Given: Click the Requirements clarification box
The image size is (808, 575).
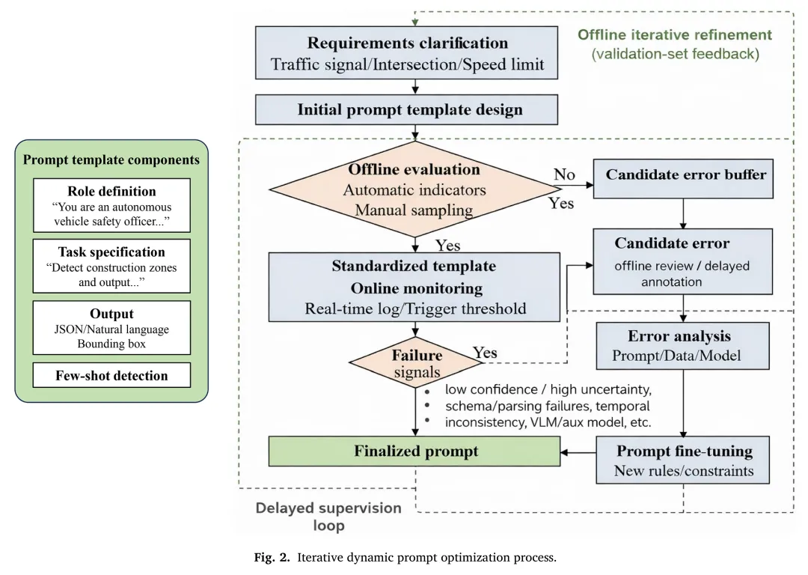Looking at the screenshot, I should pos(408,53).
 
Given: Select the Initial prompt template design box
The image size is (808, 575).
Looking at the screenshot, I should pos(408,109).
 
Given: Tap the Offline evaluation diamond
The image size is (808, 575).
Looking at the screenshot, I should pos(413,189).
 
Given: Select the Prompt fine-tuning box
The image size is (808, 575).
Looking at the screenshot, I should pos(683,460).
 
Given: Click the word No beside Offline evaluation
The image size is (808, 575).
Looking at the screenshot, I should pos(564,174).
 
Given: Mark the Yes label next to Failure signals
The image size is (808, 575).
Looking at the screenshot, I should pos(485,353).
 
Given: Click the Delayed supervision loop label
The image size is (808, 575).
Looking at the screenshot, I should pos(328,517).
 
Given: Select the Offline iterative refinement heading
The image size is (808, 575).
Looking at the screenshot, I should pos(674,35).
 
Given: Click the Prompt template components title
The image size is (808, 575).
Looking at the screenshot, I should pos(111,159).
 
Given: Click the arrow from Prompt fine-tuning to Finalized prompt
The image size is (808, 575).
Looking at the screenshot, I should pos(578,452).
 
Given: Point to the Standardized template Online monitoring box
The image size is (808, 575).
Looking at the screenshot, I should pos(414,287).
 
